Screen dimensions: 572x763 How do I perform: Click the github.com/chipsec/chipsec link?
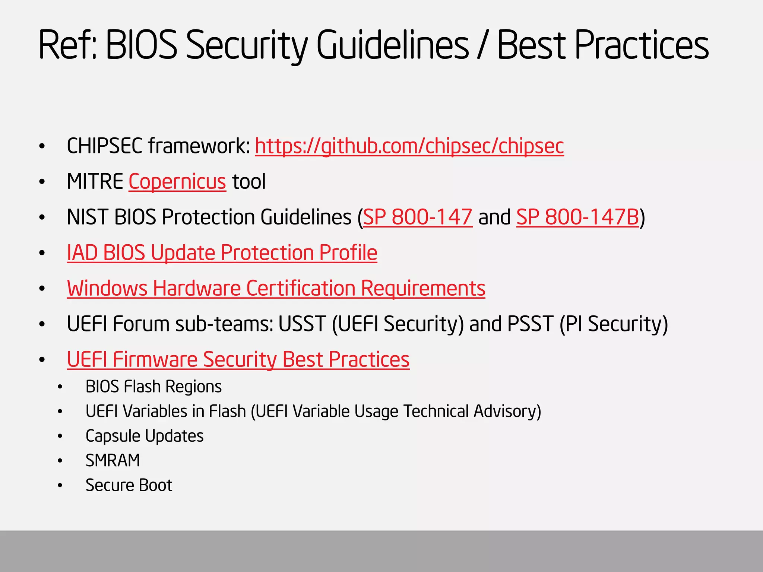409,146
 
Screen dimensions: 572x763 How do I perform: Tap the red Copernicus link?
177,182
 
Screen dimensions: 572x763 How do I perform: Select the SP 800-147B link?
577,217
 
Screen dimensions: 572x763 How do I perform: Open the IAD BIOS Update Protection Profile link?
222,253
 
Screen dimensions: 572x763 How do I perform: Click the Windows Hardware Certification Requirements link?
276,289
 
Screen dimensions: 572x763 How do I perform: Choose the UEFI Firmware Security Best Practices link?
238,360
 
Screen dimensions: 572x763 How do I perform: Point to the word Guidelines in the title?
393,45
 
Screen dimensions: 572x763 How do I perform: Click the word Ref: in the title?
67,45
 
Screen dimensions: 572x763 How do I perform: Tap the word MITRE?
95,182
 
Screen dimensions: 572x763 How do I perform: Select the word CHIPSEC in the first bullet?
104,146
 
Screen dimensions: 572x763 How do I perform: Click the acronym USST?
302,324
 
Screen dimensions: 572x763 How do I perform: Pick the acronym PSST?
530,324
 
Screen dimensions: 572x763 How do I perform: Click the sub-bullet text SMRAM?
113,461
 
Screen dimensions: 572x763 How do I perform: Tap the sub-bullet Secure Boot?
129,485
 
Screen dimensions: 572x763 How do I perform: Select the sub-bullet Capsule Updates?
145,436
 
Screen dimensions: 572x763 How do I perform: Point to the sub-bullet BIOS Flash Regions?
153,387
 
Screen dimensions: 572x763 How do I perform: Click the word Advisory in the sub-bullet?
507,411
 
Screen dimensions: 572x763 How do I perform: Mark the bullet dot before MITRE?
42,182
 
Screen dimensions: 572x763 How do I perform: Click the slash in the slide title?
483,45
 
